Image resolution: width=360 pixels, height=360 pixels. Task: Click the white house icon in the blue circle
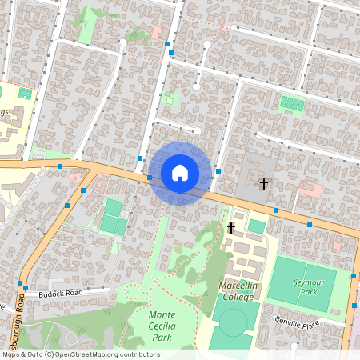180,172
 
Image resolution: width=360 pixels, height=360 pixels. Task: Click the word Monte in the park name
162,314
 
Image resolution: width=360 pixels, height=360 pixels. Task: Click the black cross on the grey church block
264,183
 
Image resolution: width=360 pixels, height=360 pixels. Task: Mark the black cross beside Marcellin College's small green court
231,228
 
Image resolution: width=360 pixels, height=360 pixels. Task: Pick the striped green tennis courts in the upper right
291,104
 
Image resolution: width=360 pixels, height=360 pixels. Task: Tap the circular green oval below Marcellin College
233,322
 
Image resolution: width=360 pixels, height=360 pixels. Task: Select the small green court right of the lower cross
256,226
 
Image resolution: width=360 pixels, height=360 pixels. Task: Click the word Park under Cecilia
163,337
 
